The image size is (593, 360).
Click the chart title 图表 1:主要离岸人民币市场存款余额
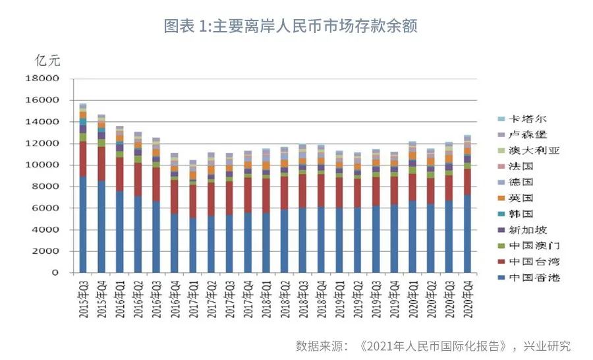tap(291, 26)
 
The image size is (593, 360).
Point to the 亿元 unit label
tap(47, 61)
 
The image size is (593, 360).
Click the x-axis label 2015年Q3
tap(84, 299)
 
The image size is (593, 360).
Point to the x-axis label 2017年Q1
tap(193, 299)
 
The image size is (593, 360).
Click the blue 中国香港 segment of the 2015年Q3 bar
tap(83, 224)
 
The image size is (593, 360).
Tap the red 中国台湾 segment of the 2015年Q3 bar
tap(83, 159)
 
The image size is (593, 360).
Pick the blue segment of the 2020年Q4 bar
tap(466, 233)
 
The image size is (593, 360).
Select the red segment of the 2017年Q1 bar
tap(192, 201)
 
